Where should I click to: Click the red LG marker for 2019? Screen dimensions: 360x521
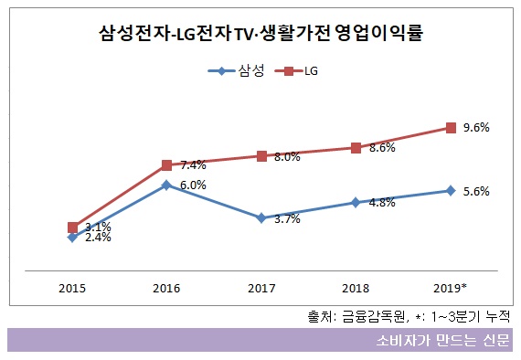(451, 128)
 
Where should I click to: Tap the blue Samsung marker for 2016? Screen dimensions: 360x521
(166, 185)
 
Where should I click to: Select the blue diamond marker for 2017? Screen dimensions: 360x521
(261, 218)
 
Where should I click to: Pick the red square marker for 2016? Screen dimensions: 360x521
(166, 165)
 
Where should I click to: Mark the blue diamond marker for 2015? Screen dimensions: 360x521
(72, 238)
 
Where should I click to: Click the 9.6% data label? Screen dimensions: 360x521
(476, 128)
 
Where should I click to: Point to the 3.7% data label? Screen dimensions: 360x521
(287, 219)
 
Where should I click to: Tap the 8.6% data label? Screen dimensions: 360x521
(382, 147)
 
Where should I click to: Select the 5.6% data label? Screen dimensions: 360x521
(476, 192)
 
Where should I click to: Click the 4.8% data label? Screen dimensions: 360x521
(382, 204)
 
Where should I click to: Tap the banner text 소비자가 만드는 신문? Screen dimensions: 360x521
(443, 340)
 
